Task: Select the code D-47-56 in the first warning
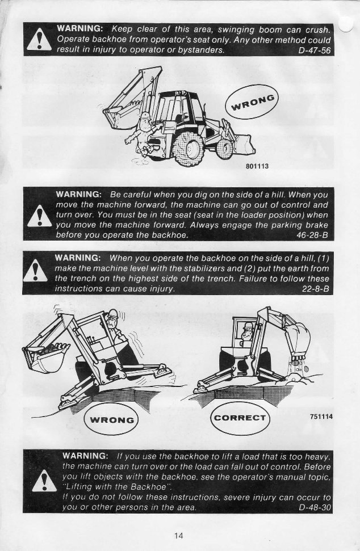[314, 50]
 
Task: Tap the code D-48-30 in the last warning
[314, 506]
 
